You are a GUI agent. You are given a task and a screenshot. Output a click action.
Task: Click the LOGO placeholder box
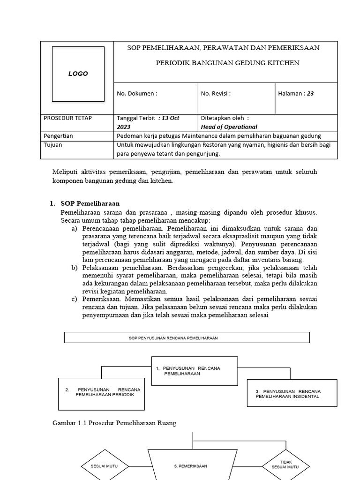78,74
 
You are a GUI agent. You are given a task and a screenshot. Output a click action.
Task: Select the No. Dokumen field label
137,93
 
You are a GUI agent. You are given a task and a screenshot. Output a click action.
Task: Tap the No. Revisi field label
216,93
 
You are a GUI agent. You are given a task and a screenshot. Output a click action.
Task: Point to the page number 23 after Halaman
310,93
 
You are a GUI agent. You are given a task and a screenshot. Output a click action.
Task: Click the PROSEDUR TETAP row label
67,118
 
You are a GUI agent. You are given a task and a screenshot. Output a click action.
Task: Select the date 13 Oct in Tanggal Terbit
169,118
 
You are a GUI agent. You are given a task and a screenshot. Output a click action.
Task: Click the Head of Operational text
229,127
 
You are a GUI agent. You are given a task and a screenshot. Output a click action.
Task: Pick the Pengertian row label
58,136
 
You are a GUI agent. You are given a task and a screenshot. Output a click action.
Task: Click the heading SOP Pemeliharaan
90,203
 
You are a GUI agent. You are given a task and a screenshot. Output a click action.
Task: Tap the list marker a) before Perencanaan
74,228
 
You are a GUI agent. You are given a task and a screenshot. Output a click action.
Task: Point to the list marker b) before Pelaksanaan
74,268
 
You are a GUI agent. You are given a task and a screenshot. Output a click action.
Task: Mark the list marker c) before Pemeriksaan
74,299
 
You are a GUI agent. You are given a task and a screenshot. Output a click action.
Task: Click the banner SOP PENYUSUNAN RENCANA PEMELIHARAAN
187,337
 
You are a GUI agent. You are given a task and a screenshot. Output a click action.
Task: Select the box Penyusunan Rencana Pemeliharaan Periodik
102,392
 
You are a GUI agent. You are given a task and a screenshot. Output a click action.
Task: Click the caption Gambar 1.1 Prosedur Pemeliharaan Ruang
114,423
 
